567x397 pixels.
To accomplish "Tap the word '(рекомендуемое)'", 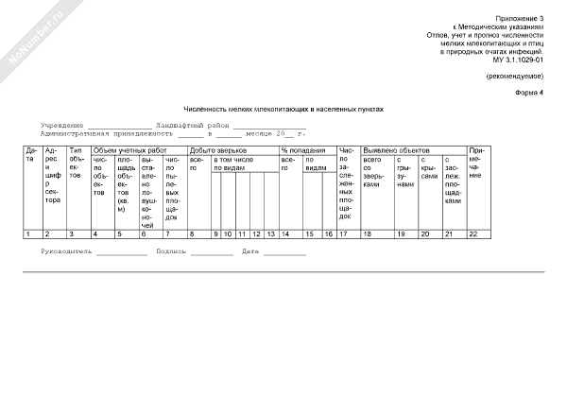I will pos(515,75).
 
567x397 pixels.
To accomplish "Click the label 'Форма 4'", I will pos(530,93).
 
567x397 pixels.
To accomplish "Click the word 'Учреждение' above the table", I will pos(61,125).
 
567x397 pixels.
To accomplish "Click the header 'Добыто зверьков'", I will pos(218,150).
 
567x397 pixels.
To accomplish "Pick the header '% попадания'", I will pos(302,150).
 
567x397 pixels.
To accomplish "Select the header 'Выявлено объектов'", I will pos(396,150).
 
